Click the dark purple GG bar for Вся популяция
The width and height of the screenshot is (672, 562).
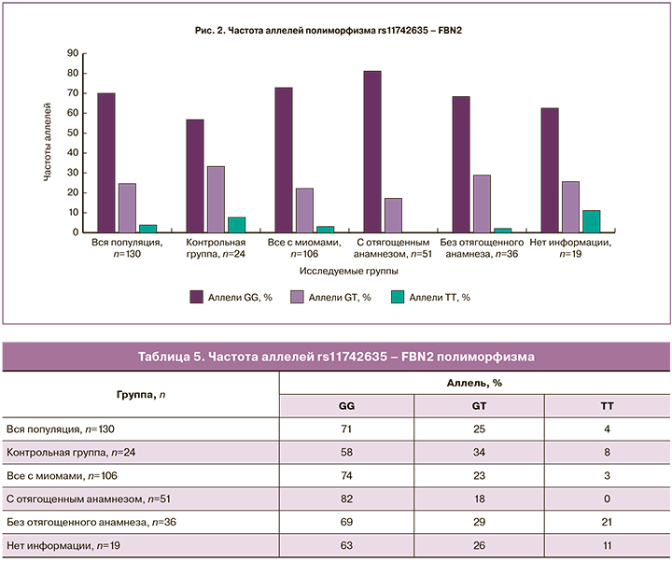(x=106, y=162)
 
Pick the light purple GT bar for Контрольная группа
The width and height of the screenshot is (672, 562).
(x=215, y=199)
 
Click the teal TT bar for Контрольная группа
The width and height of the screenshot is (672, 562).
(x=236, y=224)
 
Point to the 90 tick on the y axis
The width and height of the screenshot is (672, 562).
(x=70, y=53)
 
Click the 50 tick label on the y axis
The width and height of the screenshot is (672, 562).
(x=70, y=133)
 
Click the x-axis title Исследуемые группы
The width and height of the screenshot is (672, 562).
(x=349, y=270)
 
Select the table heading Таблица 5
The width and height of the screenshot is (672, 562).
(x=335, y=357)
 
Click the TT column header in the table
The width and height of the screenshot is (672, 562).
(x=606, y=407)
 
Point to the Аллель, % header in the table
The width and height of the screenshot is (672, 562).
(x=475, y=383)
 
